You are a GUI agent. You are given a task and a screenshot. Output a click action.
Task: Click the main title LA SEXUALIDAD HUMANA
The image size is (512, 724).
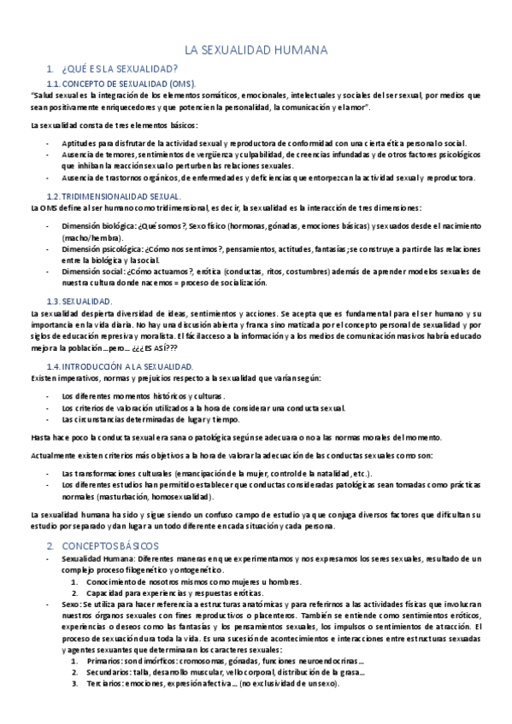click(256, 51)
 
